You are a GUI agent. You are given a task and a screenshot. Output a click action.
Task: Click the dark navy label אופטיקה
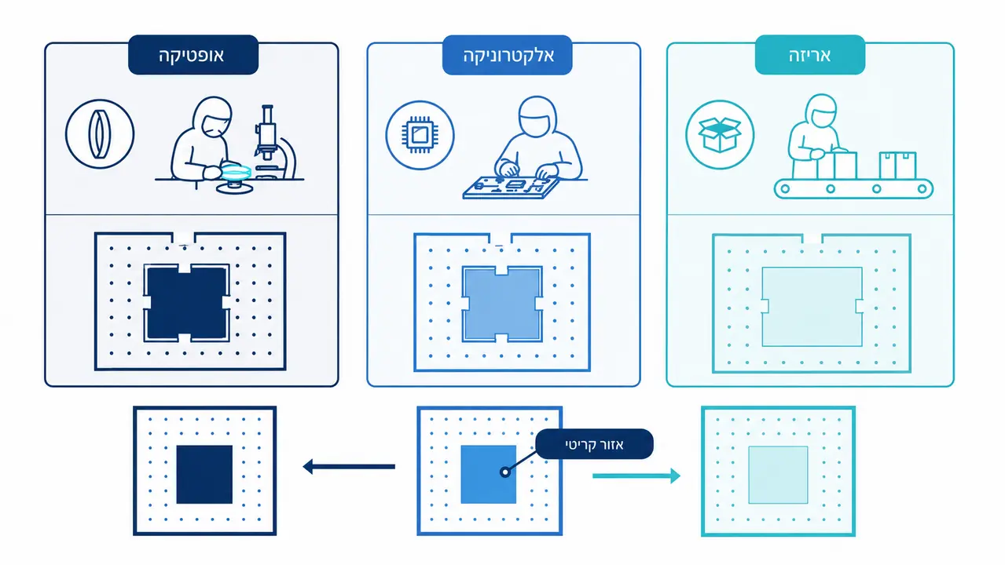click(x=193, y=55)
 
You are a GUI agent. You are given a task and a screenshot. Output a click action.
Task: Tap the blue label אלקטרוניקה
click(x=508, y=55)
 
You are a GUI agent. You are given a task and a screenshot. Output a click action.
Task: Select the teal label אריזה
click(x=810, y=55)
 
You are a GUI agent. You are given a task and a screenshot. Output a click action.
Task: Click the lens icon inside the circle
click(x=100, y=134)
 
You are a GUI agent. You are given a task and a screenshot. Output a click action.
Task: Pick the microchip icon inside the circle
click(x=420, y=135)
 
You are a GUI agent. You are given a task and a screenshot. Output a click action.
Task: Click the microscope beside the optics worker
click(x=274, y=143)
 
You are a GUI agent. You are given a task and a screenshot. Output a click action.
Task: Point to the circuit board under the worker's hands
click(x=511, y=188)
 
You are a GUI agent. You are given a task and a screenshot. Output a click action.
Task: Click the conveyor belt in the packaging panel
click(x=853, y=188)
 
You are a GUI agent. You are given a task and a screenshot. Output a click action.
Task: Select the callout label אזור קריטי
click(x=595, y=444)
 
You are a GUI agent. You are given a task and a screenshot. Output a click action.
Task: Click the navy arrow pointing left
click(x=349, y=466)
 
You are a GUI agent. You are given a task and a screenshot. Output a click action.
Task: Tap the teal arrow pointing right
click(x=636, y=476)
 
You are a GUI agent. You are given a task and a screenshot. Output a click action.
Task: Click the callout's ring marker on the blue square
click(x=505, y=472)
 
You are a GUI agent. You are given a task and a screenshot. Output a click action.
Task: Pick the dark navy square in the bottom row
click(x=204, y=475)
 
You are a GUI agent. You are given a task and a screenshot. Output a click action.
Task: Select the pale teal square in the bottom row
click(x=778, y=475)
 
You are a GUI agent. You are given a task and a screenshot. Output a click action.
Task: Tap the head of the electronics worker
click(x=537, y=116)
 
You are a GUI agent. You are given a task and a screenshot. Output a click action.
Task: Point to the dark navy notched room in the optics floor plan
click(x=187, y=303)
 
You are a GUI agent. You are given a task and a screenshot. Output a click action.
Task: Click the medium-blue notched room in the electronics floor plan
click(x=502, y=304)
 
